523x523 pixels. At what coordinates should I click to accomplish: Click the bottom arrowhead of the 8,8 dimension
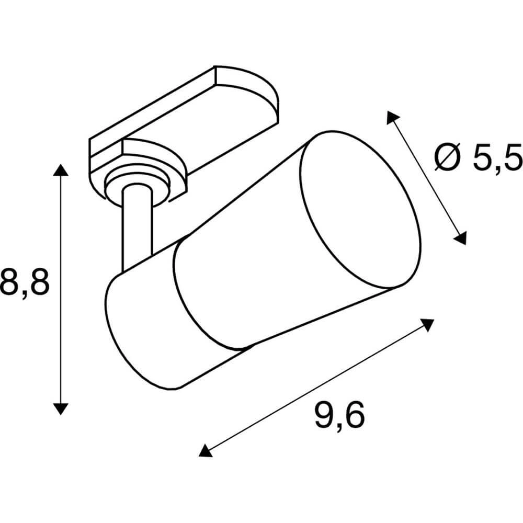pos(61,408)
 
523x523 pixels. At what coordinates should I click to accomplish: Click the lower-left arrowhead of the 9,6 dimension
pos(206,450)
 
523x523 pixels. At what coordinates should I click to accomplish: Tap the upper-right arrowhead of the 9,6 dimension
pos(428,325)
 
